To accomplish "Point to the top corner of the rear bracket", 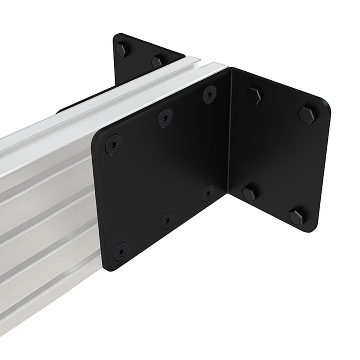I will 116,35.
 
